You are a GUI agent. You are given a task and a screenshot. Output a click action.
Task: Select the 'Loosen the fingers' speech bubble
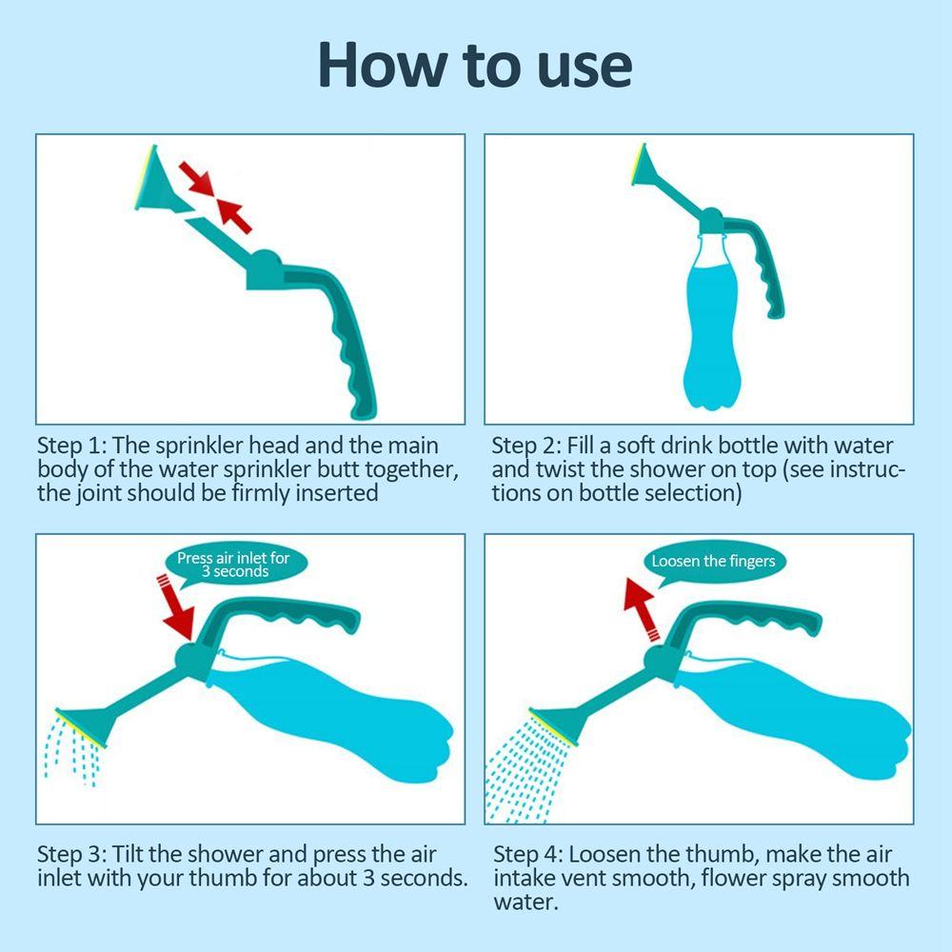coord(713,561)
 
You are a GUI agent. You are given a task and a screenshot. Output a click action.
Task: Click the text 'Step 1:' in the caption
coord(71,446)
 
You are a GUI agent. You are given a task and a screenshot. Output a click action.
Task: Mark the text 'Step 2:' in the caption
coord(526,446)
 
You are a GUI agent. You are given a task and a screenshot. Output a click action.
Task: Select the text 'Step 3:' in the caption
coord(71,853)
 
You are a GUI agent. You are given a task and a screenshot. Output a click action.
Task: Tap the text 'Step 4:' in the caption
coord(526,853)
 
